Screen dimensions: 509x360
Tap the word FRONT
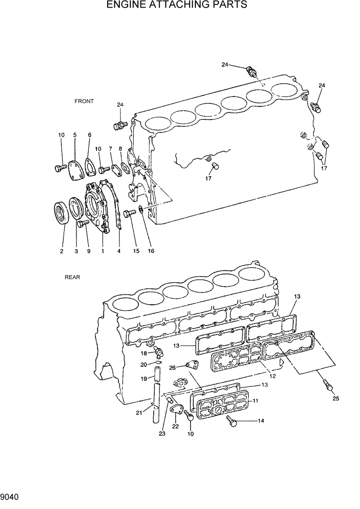84,101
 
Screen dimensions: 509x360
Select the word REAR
72,277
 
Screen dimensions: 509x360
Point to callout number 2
62,251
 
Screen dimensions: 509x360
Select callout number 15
136,251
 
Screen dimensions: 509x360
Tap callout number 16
151,251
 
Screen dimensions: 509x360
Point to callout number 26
173,367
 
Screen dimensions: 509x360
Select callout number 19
144,379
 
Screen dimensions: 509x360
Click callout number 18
144,354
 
